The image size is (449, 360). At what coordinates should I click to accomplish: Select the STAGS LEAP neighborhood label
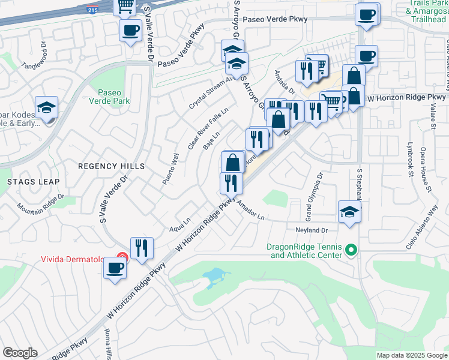point(33,181)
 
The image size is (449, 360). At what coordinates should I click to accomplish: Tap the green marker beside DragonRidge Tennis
point(352,250)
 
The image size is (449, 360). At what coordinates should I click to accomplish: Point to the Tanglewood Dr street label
point(34,56)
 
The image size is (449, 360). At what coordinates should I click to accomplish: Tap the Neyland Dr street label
point(310,230)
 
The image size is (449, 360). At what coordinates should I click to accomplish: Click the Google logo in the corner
point(20,353)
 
